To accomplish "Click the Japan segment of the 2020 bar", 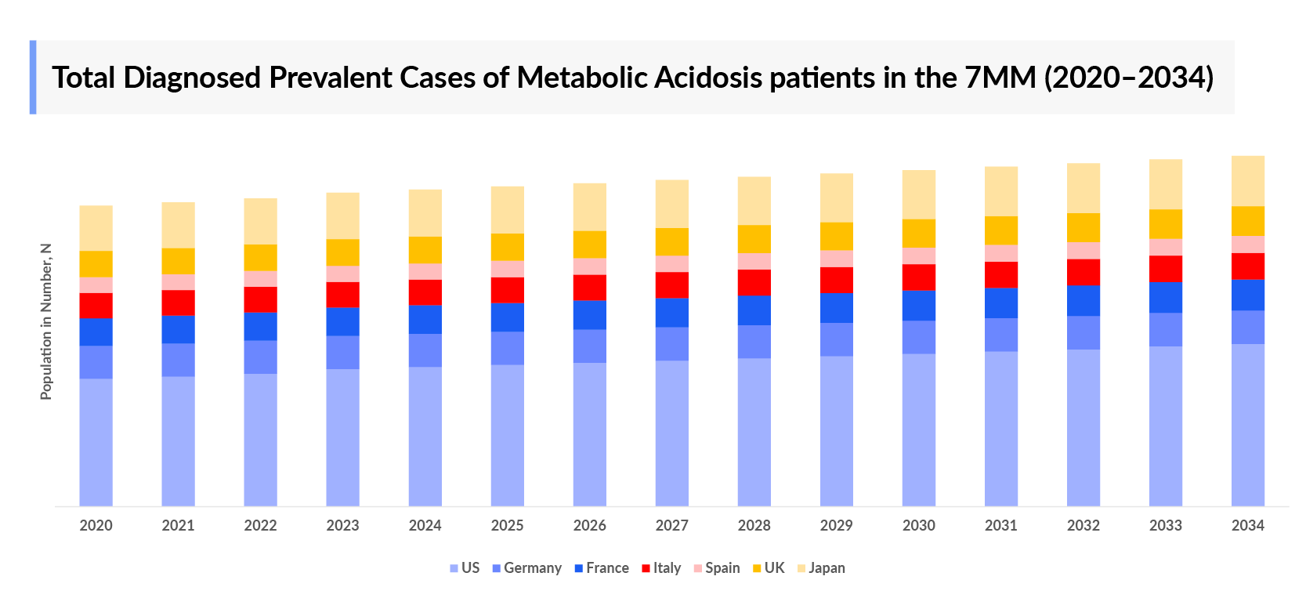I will [x=96, y=228].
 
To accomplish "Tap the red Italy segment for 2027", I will [x=671, y=285].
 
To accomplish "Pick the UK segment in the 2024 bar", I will [x=425, y=249].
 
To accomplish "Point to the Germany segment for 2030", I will [x=918, y=337].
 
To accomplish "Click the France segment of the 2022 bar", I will [x=260, y=326].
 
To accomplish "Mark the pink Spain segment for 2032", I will [x=1083, y=250].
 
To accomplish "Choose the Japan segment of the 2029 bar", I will [x=836, y=198].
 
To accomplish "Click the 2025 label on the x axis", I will [x=507, y=525].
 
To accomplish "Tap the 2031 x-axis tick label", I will [x=1000, y=525].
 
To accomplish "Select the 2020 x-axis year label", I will [x=96, y=525].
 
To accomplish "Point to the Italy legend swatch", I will [x=646, y=568].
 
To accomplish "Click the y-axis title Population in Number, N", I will [x=45, y=321].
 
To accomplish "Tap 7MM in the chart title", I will [x=1000, y=78].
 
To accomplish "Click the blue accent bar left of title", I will [x=33, y=77].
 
